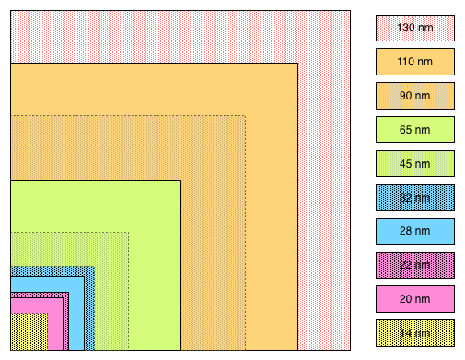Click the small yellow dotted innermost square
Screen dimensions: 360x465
(x=29, y=331)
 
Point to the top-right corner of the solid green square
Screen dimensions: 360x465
(x=180, y=181)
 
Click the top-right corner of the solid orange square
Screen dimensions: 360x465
(x=298, y=64)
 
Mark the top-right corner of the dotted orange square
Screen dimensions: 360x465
(x=246, y=116)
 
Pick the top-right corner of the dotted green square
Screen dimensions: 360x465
(x=128, y=233)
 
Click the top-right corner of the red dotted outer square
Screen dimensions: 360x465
(x=350, y=11)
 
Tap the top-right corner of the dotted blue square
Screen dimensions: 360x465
(x=94, y=267)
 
